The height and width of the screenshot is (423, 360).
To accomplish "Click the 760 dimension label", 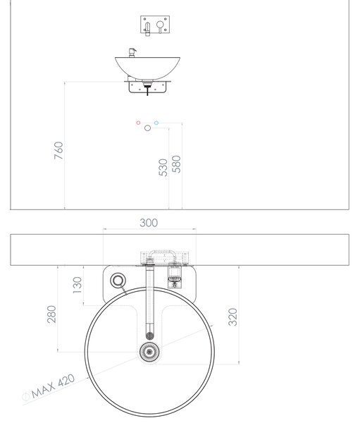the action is (58, 150).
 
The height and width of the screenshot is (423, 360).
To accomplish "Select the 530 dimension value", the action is (163, 167).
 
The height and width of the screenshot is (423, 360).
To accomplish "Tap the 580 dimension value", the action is (176, 164).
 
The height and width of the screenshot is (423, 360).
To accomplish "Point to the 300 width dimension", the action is (149, 223).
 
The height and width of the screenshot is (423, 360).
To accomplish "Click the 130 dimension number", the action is (77, 285).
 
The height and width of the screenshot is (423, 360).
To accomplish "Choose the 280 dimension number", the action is (51, 314).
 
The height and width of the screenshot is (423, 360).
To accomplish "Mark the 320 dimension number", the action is (232, 317).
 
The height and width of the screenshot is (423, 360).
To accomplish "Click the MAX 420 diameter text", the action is (53, 386).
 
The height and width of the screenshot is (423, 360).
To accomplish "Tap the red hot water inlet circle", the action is (138, 123).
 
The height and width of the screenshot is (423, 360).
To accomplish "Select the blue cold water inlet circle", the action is (156, 123).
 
